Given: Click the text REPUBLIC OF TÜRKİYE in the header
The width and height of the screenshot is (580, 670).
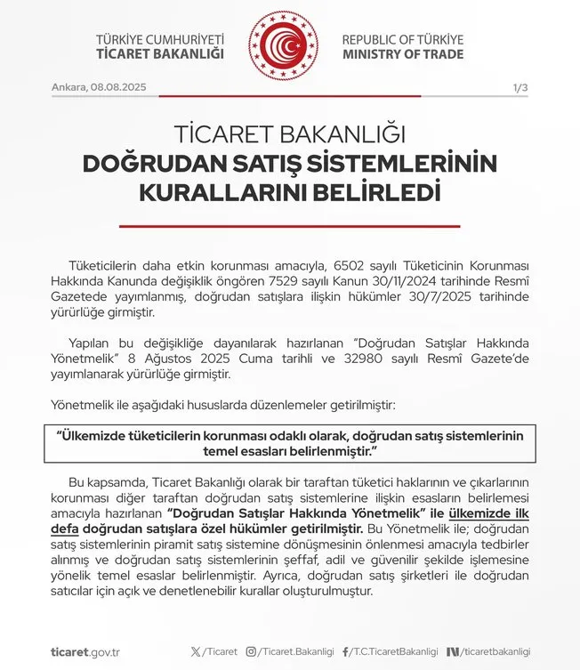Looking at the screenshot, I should [403, 40].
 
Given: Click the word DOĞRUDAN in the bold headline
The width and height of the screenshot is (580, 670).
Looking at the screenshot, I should [145, 165].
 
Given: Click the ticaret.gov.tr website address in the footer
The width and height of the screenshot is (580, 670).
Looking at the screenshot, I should [86, 651].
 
